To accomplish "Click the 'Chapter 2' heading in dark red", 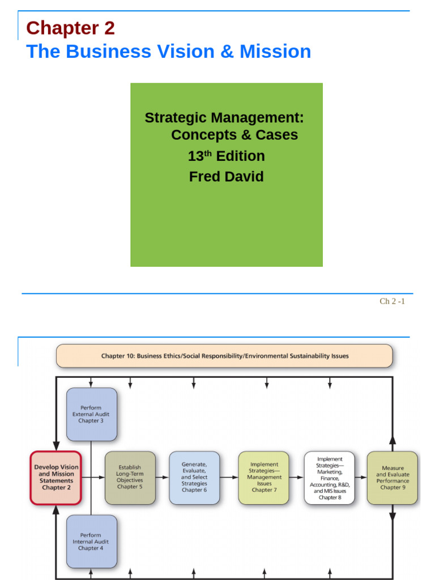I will pyautogui.click(x=70, y=28).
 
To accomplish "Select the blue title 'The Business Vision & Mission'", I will pyautogui.click(x=169, y=52).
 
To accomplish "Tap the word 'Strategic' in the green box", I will pyautogui.click(x=177, y=118).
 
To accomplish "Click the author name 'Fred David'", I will pyautogui.click(x=226, y=176).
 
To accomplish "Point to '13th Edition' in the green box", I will pyautogui.click(x=226, y=156).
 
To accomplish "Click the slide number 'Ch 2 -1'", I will pyautogui.click(x=392, y=301).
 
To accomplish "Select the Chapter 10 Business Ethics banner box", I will pyautogui.click(x=224, y=356).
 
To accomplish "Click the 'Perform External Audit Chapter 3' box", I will pyautogui.click(x=91, y=414).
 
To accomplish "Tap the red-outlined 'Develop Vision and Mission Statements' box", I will pyautogui.click(x=56, y=477).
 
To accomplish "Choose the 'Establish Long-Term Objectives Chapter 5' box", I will pyautogui.click(x=130, y=477).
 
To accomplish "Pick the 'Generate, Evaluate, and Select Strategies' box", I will pyautogui.click(x=194, y=477).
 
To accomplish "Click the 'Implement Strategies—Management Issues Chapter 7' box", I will pyautogui.click(x=263, y=477).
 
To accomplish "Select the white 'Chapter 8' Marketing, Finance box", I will pyautogui.click(x=329, y=477).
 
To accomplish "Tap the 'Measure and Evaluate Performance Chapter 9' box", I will pyautogui.click(x=393, y=477).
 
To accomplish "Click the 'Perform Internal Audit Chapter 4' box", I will pyautogui.click(x=91, y=541).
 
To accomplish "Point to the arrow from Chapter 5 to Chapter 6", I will pyautogui.click(x=162, y=477).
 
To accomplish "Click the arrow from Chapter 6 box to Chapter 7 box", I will pyautogui.click(x=229, y=477).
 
